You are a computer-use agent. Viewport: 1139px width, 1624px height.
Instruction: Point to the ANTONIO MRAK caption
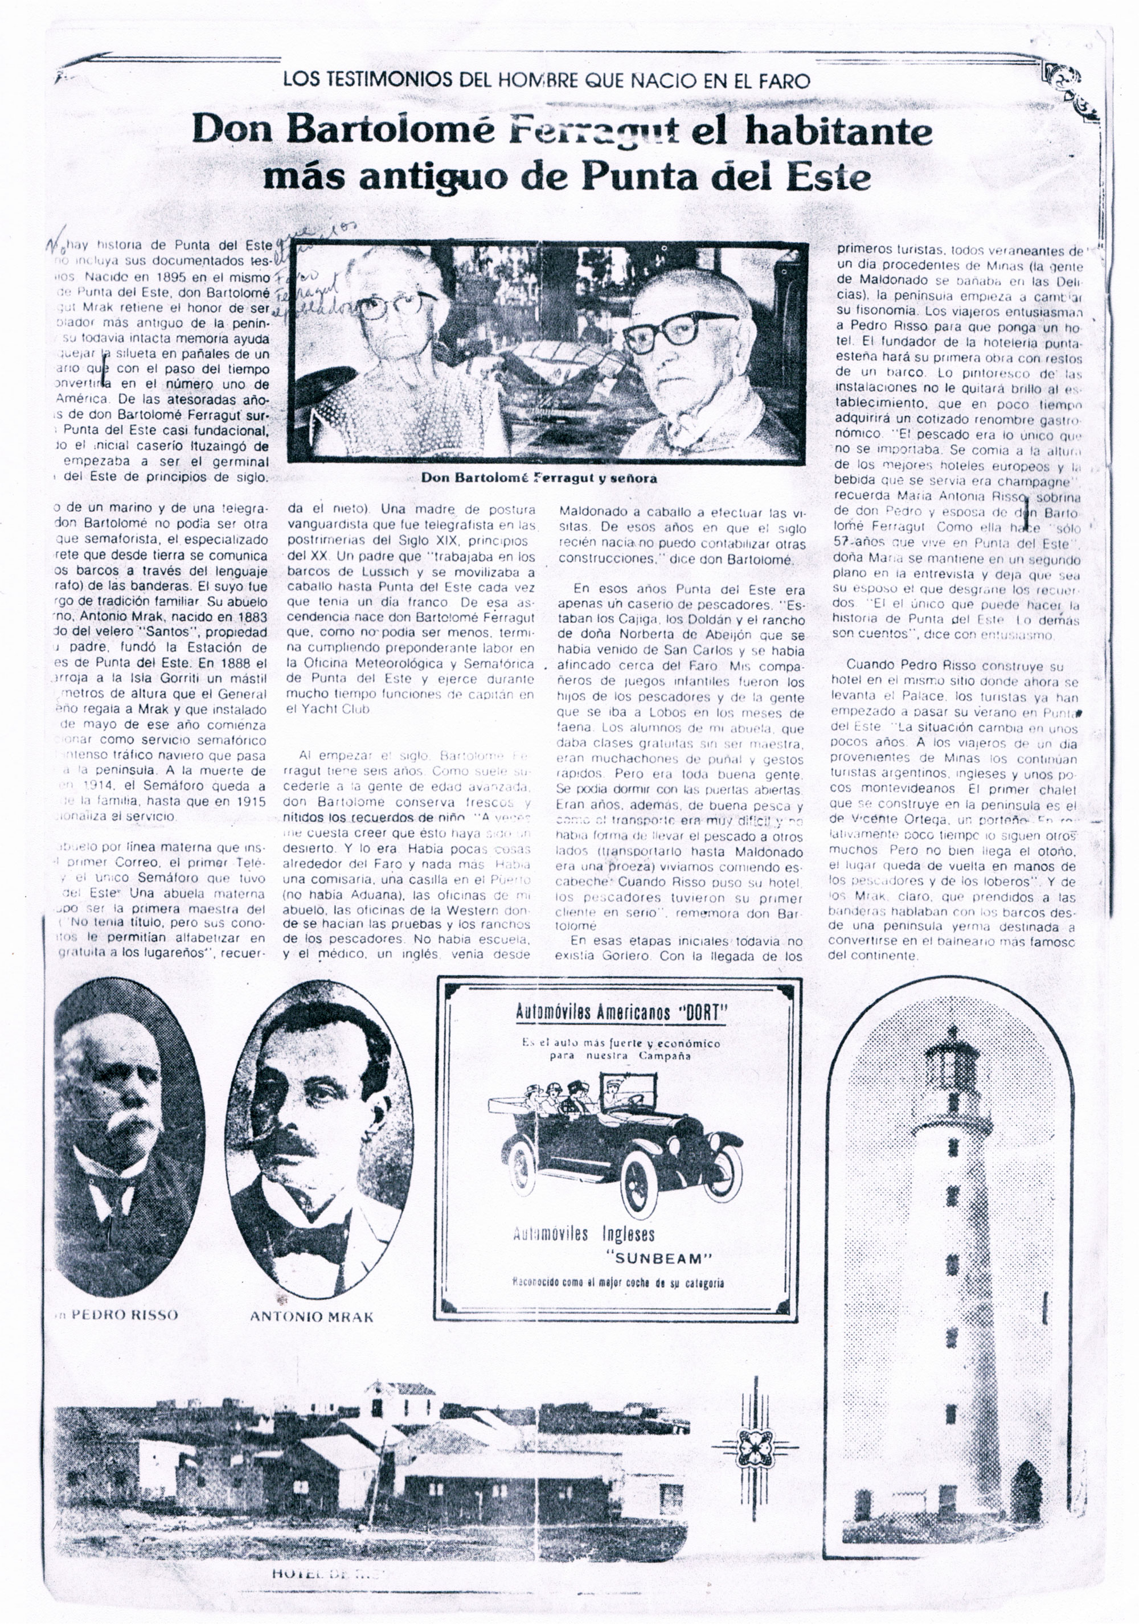point(312,1317)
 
